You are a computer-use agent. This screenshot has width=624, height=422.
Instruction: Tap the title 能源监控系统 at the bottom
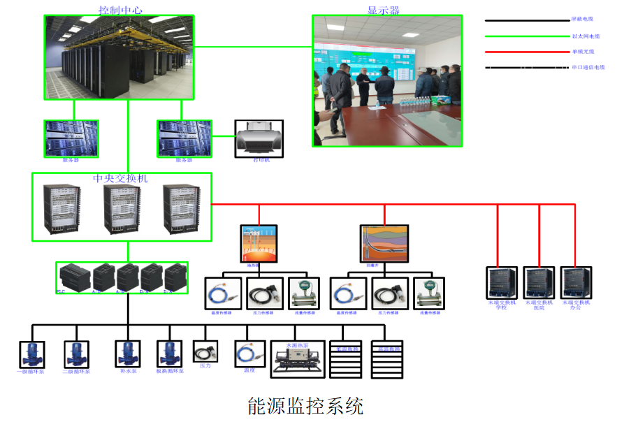click(305, 405)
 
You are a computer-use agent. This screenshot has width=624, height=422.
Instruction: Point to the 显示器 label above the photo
click(384, 10)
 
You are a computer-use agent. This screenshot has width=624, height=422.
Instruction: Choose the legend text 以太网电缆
click(585, 36)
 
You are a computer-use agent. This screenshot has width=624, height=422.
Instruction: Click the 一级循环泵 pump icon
click(32, 354)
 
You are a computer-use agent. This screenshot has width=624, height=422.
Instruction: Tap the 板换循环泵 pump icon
click(170, 354)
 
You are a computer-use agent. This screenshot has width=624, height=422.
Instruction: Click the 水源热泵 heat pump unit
click(298, 359)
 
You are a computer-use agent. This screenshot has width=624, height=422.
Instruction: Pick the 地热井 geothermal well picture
click(259, 243)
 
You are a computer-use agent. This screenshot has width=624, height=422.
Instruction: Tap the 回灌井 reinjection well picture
click(384, 243)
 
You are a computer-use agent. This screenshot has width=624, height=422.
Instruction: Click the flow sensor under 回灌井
click(428, 293)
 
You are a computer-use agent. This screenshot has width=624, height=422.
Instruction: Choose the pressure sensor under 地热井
click(264, 293)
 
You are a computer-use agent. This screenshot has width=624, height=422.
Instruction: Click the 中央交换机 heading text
click(120, 179)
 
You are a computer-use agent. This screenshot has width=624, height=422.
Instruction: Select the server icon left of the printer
click(183, 138)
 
